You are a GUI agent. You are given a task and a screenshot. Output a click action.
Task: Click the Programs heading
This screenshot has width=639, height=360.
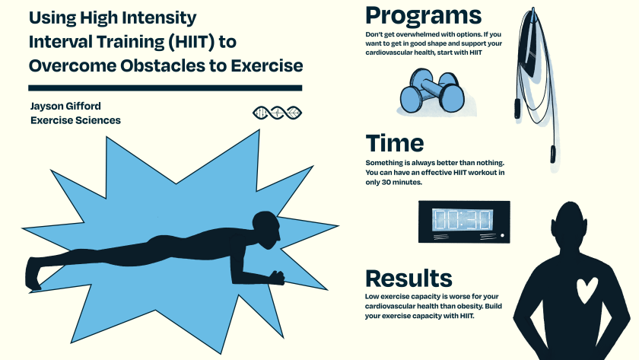424,17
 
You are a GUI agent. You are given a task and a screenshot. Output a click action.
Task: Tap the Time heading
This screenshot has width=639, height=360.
395,143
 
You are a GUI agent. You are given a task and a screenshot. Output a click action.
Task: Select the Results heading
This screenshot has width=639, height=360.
409,279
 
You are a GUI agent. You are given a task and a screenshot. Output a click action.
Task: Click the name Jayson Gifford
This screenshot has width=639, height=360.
65,107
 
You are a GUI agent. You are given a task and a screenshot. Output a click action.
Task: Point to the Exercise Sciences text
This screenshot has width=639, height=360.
75,120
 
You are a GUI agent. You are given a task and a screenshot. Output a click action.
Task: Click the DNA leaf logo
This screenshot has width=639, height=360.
277,113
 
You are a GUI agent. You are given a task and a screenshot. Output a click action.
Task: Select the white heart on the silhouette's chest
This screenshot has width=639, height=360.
587,290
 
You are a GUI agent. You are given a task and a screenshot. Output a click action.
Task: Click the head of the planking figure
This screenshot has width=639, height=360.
266,225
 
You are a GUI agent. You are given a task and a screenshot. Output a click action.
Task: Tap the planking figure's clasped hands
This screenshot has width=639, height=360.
276,278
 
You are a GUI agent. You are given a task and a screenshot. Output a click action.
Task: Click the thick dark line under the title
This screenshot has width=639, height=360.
165,88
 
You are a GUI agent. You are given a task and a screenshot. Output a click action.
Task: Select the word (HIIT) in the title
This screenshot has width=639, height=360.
190,42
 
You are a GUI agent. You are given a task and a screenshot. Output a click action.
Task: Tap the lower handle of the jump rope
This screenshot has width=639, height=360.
553,154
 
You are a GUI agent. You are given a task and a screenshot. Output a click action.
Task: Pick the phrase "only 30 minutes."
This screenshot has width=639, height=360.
394,182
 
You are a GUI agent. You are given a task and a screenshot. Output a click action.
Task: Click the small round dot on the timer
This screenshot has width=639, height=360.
502,235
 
